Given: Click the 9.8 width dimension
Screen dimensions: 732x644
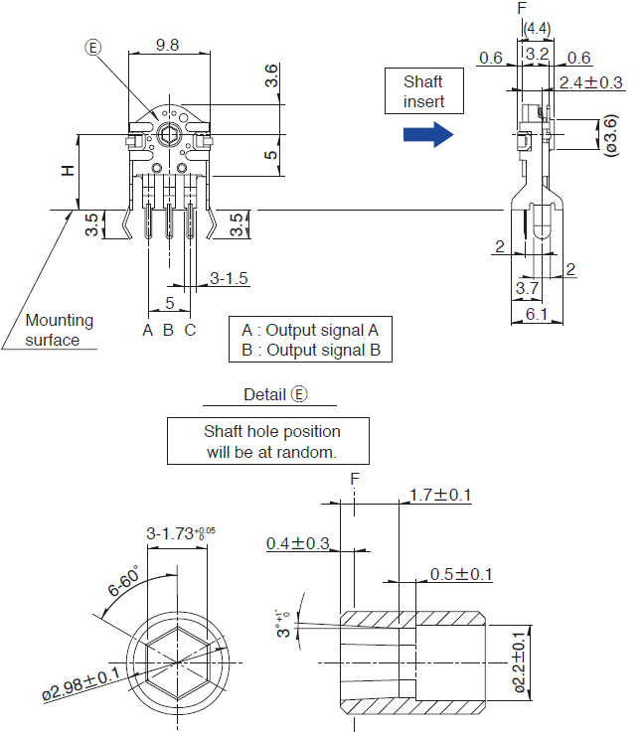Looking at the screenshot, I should (167, 45).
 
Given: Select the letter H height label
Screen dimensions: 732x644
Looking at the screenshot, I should (67, 170).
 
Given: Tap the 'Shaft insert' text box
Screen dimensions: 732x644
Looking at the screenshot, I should (422, 91).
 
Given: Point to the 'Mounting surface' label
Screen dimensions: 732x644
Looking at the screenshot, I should (60, 330).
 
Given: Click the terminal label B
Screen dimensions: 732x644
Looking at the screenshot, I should (168, 330).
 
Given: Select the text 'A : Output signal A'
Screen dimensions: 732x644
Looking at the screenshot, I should (310, 330).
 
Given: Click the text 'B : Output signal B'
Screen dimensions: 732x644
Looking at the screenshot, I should (310, 350).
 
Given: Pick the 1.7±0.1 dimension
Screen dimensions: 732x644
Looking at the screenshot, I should (440, 495).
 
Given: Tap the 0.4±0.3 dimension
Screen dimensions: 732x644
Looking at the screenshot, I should (298, 543).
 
